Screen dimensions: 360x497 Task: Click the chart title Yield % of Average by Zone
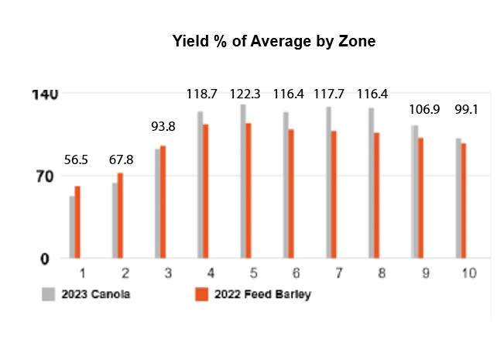[x=273, y=42]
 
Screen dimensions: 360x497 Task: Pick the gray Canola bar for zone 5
[x=243, y=181]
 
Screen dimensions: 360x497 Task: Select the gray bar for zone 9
[x=415, y=191]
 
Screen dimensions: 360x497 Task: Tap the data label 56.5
[x=77, y=159]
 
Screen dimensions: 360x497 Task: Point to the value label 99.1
[x=464, y=109]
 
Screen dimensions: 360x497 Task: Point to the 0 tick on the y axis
[x=45, y=259]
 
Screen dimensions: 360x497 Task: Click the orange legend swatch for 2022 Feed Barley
[x=201, y=294]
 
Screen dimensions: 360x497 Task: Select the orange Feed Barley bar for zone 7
[x=334, y=194]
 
